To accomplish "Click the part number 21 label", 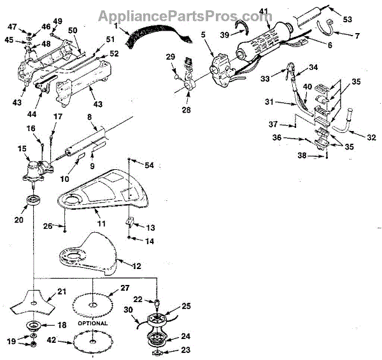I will [x=61, y=291].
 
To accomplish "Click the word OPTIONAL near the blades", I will [x=93, y=322].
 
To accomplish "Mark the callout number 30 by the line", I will [x=127, y=309].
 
